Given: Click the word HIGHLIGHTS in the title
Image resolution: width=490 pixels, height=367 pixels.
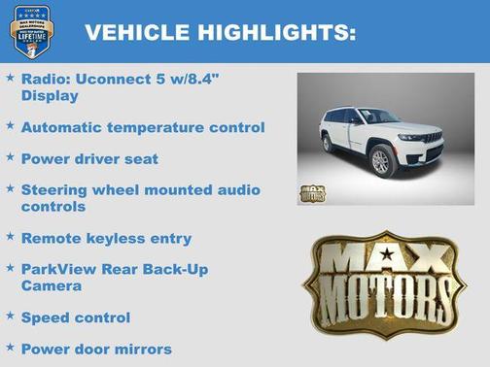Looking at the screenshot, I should pyautogui.click(x=274, y=33).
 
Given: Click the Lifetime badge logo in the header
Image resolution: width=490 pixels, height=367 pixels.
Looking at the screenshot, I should pyautogui.click(x=30, y=31).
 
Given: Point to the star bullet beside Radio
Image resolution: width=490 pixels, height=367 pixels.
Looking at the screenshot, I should pyautogui.click(x=10, y=77).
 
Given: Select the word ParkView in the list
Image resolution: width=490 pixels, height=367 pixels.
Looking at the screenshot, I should pyautogui.click(x=57, y=269).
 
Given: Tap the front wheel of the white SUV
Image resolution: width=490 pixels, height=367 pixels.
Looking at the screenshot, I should pyautogui.click(x=381, y=161).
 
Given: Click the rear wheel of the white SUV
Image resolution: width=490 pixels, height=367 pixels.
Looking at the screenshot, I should pyautogui.click(x=328, y=143).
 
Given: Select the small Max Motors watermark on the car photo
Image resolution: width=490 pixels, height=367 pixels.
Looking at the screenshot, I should pyautogui.click(x=313, y=192).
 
